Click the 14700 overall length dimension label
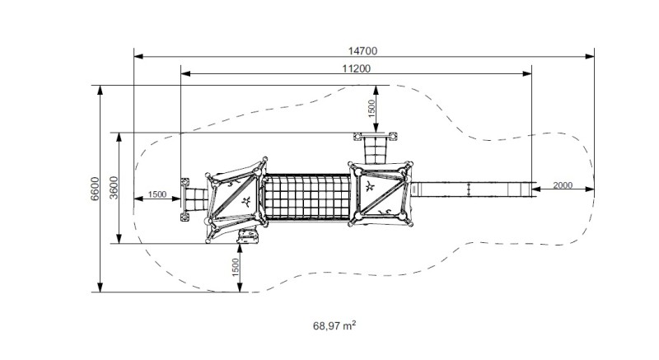coord(362,51)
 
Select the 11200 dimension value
coord(357,68)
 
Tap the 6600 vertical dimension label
coord(95,189)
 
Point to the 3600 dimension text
coord(114,188)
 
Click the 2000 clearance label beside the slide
coord(563,185)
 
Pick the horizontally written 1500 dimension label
coord(157,194)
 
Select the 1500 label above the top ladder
coord(372,110)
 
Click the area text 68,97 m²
coord(334,325)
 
